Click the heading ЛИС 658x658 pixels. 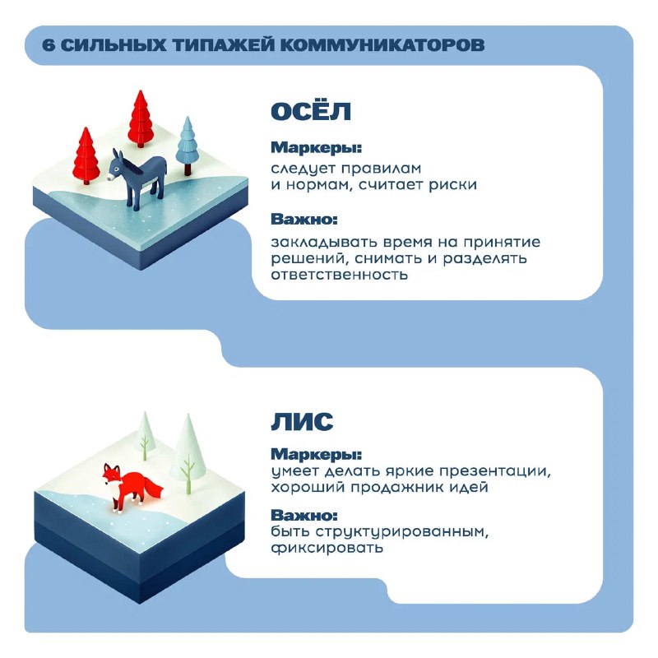click(x=302, y=421)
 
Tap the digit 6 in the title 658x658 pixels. click(x=49, y=45)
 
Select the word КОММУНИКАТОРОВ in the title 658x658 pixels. click(x=382, y=45)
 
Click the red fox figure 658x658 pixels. click(x=132, y=488)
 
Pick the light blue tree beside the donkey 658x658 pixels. click(x=188, y=146)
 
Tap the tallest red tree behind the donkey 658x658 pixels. click(x=141, y=118)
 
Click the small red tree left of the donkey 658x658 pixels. click(x=86, y=155)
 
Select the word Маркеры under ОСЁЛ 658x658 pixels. click(x=316, y=148)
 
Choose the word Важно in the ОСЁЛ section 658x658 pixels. click(x=304, y=220)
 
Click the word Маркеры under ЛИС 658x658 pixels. click(x=316, y=455)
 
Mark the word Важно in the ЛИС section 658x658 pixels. click(x=304, y=516)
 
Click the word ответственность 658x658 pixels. click(x=339, y=275)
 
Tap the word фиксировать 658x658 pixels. click(x=327, y=548)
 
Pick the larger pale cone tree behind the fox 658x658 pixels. click(x=188, y=453)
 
